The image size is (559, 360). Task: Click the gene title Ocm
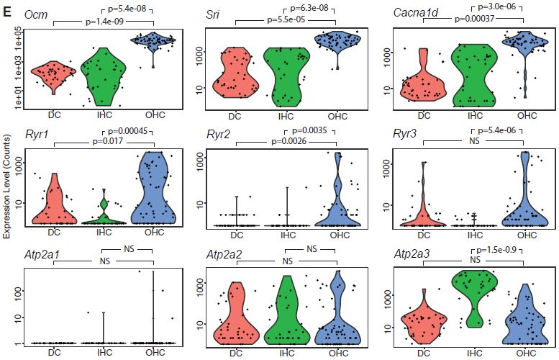[32, 15]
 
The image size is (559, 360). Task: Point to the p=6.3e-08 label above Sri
[314, 8]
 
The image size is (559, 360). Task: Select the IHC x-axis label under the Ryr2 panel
[287, 235]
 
